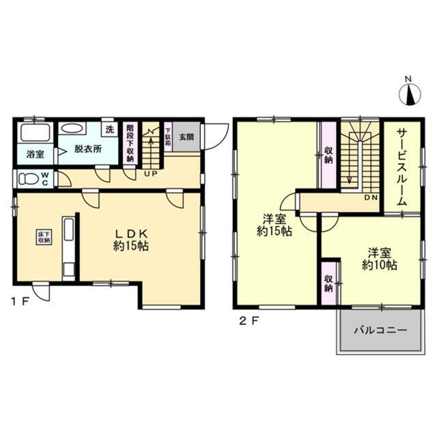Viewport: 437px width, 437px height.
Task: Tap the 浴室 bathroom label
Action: pos(36,154)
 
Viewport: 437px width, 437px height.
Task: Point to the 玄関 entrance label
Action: pos(186,136)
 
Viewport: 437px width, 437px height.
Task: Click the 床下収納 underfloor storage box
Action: pos(44,237)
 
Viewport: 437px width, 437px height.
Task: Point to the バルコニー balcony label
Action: pos(380,330)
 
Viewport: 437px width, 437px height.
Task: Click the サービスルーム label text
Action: pos(401,166)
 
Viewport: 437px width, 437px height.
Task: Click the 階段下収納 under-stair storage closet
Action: pos(131,143)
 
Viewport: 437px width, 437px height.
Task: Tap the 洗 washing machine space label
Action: pos(109,129)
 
